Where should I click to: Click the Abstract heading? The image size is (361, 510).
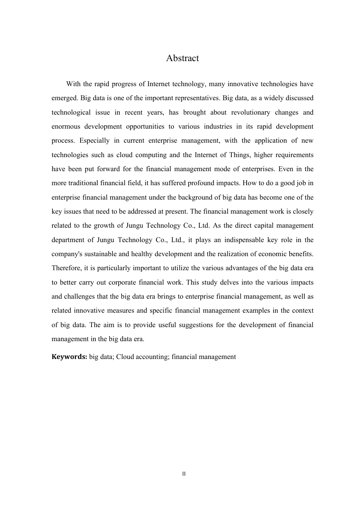coord(182,58)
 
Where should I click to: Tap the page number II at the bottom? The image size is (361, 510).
coord(184,474)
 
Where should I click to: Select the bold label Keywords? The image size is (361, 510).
coord(70,357)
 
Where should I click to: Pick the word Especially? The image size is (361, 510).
coord(94,140)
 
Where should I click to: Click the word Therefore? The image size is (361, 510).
coord(66,268)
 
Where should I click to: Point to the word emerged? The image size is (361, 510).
coord(65,98)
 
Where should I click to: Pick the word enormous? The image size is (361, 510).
coord(65,126)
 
